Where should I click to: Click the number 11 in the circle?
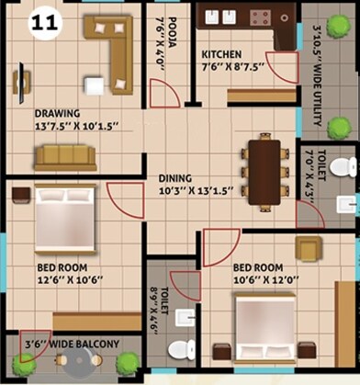click(x=42, y=25)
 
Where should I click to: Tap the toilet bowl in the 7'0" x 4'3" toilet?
click(x=341, y=167)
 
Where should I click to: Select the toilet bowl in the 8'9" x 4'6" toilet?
click(x=186, y=348)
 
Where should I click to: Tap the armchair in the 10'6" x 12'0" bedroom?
click(x=309, y=248)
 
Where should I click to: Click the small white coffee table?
click(x=93, y=85)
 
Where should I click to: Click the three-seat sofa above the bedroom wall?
click(x=66, y=157)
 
